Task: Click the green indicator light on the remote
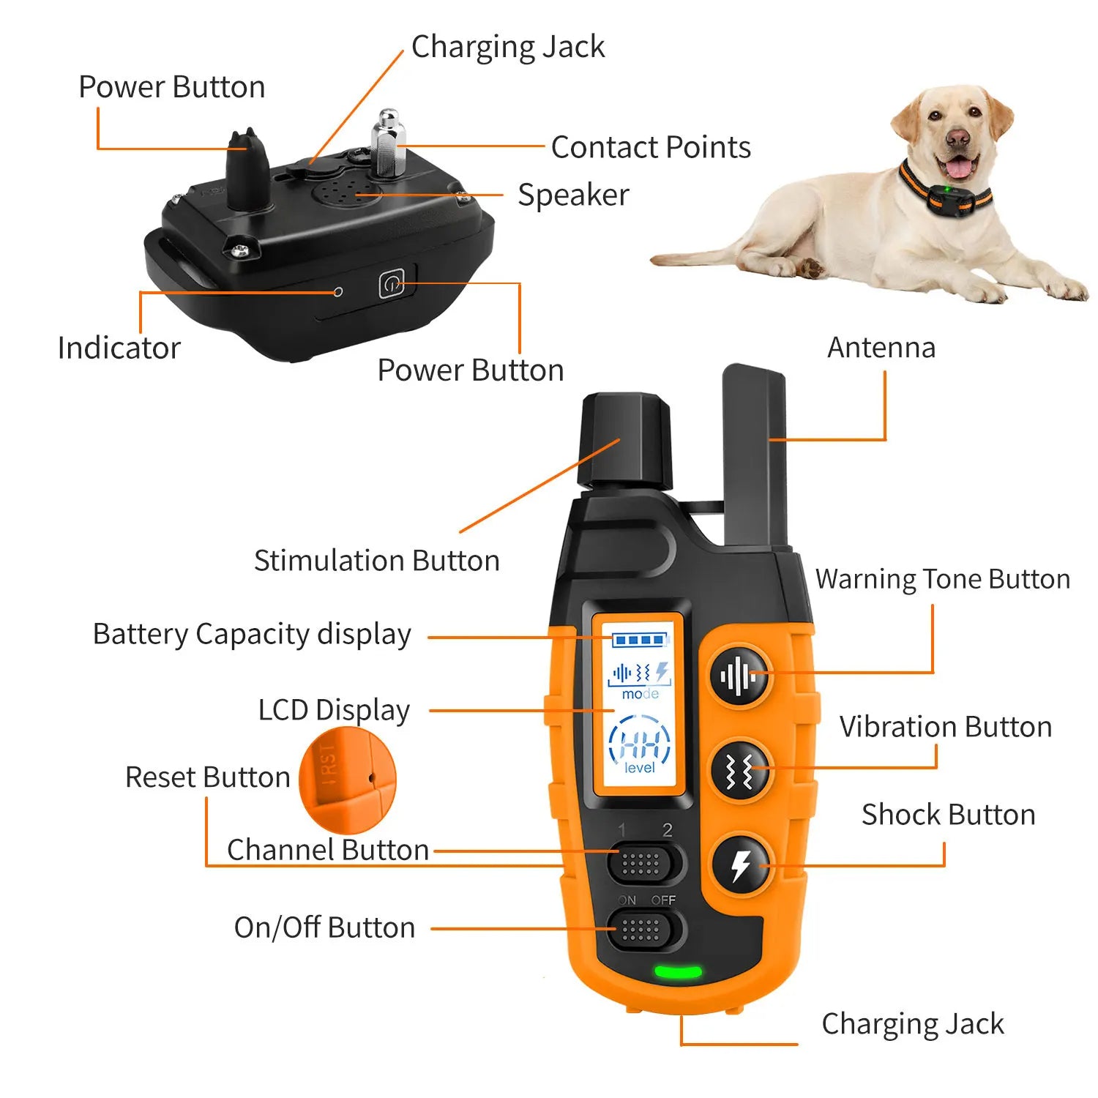678,973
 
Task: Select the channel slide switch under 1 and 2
641,864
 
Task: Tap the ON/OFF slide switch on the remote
641,930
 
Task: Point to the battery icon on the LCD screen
640,640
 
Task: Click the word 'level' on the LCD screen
640,768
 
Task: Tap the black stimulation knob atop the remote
625,439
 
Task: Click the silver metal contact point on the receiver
388,143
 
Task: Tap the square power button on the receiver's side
392,284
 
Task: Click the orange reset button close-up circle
348,780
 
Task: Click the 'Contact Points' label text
651,147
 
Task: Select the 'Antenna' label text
881,348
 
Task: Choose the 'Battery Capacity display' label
252,635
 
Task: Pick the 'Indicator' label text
119,348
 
